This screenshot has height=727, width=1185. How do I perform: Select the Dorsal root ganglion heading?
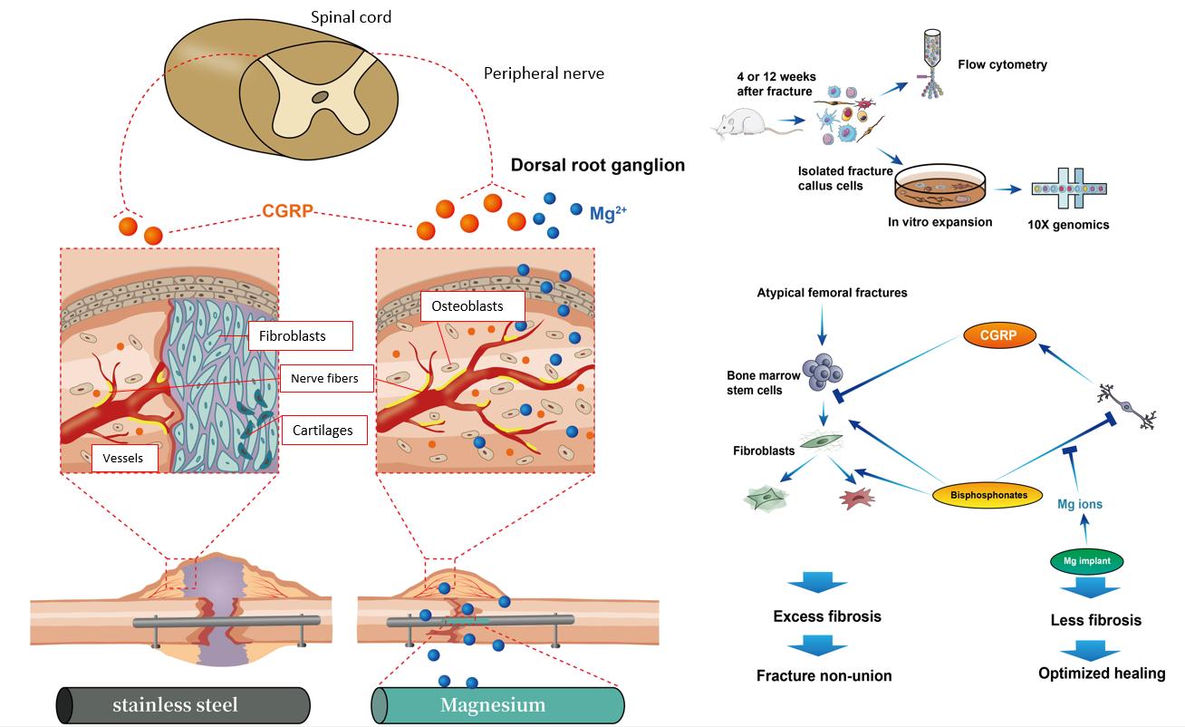[x=597, y=165]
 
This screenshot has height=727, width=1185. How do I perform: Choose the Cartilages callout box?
[x=323, y=431]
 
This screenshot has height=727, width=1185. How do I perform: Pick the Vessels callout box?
[x=124, y=459]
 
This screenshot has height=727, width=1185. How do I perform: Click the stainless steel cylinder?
[x=184, y=704]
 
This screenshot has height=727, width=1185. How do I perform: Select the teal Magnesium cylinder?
[x=497, y=704]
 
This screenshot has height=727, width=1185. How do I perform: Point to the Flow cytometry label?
[x=1002, y=64]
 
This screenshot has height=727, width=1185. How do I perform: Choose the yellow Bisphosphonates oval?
[x=988, y=495]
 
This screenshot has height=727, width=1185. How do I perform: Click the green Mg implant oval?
[x=1086, y=562]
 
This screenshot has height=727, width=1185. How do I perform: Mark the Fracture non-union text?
[x=824, y=675]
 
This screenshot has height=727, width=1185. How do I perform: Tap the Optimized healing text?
[x=1101, y=673]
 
